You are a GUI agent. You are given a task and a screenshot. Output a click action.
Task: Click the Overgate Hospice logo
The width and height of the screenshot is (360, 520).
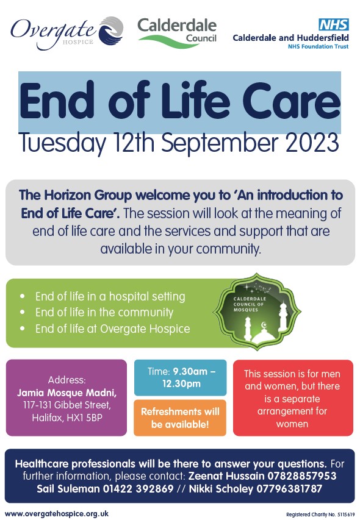coord(67,33)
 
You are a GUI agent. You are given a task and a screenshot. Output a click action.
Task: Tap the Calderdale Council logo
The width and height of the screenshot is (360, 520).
coord(177,32)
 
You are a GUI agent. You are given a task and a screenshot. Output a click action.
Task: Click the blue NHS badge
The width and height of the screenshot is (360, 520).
coord(333,24)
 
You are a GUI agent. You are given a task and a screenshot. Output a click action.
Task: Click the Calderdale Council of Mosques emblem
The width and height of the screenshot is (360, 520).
coord(257,312)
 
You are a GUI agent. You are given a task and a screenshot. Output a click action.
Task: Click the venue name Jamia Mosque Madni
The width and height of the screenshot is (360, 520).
coord(67,393)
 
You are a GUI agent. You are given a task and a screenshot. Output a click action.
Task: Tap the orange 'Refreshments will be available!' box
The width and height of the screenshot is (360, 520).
coord(180,418)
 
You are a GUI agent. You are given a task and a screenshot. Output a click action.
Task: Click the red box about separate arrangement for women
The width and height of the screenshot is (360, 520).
coord(293,398)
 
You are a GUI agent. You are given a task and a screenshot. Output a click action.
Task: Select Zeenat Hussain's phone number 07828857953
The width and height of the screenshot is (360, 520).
coord(301,476)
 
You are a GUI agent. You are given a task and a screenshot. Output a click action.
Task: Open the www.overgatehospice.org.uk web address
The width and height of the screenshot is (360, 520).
coord(57,514)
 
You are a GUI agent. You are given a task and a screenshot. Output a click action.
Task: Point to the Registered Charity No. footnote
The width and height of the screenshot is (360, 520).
coord(320,515)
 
